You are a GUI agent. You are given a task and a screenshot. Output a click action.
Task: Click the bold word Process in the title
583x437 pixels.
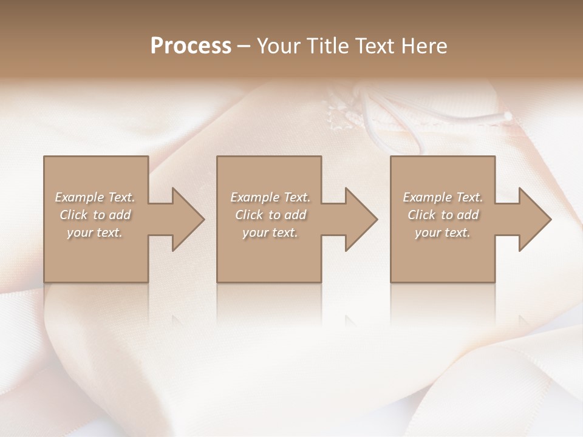(191, 46)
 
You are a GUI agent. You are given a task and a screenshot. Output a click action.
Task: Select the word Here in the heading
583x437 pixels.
(424, 46)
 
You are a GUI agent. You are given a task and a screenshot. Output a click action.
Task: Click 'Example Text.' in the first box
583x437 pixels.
(95, 197)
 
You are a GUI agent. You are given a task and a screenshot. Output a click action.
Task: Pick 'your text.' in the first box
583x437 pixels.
(95, 232)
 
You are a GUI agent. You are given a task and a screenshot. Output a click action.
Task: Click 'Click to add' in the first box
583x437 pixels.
(95, 215)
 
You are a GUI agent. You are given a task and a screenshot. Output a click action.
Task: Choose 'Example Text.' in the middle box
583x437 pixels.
(270, 197)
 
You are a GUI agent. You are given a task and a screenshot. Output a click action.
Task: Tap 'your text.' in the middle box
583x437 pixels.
(270, 232)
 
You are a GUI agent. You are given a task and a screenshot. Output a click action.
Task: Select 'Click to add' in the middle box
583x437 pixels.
(270, 215)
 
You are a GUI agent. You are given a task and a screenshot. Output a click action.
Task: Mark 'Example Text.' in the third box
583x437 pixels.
(443, 197)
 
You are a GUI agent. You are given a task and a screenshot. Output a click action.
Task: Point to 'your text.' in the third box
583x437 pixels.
(442, 232)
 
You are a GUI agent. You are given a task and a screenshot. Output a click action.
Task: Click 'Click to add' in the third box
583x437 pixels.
(443, 215)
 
